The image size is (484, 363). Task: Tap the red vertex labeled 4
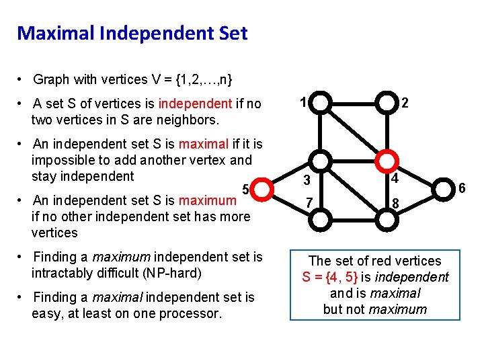tap(387, 161)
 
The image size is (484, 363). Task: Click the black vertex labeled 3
tap(322, 161)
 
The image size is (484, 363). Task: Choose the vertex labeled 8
tap(387, 218)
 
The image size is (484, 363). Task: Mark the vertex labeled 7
tap(322, 218)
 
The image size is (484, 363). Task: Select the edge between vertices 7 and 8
tap(354, 218)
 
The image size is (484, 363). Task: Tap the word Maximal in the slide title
tap(50, 33)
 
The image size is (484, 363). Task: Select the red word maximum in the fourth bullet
tap(208, 200)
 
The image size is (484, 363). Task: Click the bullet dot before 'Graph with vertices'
tap(22, 80)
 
